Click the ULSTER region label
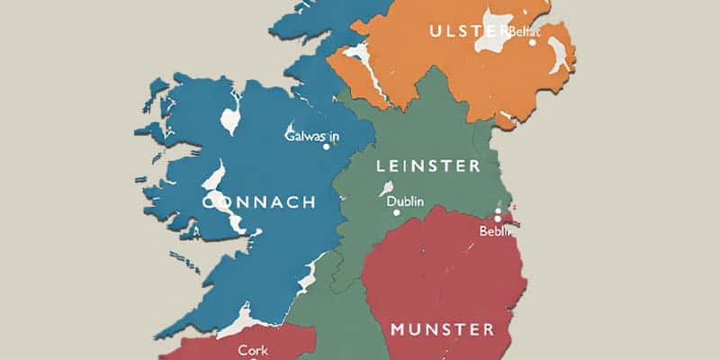pyautogui.click(x=469, y=31)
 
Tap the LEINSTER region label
pyautogui.click(x=427, y=166)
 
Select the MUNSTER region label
pyautogui.click(x=442, y=329)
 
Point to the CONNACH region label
pyautogui.click(x=259, y=202)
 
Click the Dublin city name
pyautogui.click(x=405, y=201)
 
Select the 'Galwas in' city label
pyautogui.click(x=311, y=136)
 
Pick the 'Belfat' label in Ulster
pyautogui.click(x=524, y=31)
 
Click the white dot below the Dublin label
pyautogui.click(x=396, y=213)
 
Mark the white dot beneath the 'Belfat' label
pyautogui.click(x=533, y=41)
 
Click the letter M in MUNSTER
pyautogui.click(x=399, y=329)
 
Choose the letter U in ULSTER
pyautogui.click(x=437, y=31)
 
